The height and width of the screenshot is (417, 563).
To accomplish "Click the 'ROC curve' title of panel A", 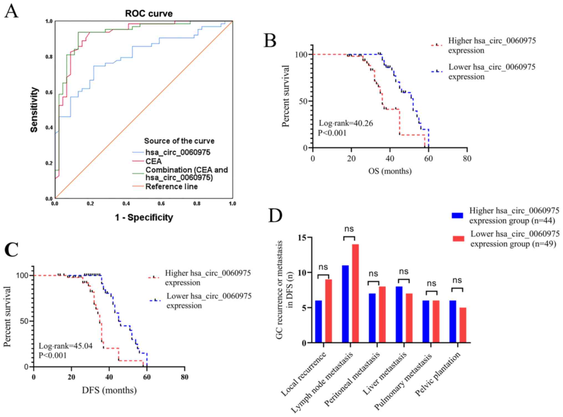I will pyautogui.click(x=149, y=13).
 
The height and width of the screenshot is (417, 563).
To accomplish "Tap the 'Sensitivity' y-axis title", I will pyautogui.click(x=34, y=110).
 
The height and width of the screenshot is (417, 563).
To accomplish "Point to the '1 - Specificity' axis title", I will pyautogui.click(x=144, y=217).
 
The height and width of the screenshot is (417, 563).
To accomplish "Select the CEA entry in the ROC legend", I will pyautogui.click(x=153, y=161).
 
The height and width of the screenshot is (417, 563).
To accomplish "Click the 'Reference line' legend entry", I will pyautogui.click(x=171, y=187).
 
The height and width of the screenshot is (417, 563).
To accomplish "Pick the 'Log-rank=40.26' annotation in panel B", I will pyautogui.click(x=346, y=123).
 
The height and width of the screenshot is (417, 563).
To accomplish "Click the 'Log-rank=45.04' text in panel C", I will pyautogui.click(x=65, y=346).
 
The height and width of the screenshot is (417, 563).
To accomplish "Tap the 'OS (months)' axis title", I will pyautogui.click(x=390, y=171).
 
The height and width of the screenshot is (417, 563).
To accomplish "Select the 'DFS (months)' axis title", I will pyautogui.click(x=109, y=390).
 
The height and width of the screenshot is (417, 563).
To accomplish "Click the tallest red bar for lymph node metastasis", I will pyautogui.click(x=355, y=294).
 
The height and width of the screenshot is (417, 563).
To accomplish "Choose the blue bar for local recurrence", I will pyautogui.click(x=319, y=321).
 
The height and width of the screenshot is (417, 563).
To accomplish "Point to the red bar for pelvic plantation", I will pyautogui.click(x=463, y=325).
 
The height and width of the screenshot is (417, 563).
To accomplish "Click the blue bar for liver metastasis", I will pyautogui.click(x=399, y=315).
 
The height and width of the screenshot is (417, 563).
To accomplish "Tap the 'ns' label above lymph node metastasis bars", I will pyautogui.click(x=349, y=229).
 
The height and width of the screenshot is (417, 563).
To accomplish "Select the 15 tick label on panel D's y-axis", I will pyautogui.click(x=302, y=238).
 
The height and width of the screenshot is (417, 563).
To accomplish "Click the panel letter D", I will pyautogui.click(x=275, y=216).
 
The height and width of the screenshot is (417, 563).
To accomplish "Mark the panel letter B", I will pyautogui.click(x=270, y=40).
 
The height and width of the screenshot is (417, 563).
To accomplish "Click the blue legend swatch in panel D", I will pyautogui.click(x=457, y=215).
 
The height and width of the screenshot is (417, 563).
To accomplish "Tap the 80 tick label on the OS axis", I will pyautogui.click(x=467, y=158).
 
